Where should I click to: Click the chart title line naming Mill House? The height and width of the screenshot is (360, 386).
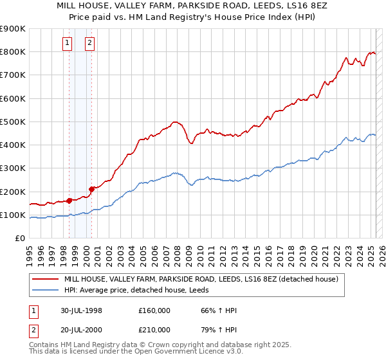(x=192, y=6)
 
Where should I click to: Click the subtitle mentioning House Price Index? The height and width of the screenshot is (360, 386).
(x=192, y=18)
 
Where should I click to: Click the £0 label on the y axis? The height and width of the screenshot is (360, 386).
(x=20, y=239)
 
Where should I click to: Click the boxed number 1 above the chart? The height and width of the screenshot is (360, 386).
(x=68, y=44)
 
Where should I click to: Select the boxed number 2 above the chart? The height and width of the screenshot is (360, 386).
(x=89, y=44)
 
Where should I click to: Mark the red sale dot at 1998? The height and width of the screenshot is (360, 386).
(x=69, y=201)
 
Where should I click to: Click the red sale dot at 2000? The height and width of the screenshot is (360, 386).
(x=92, y=189)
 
